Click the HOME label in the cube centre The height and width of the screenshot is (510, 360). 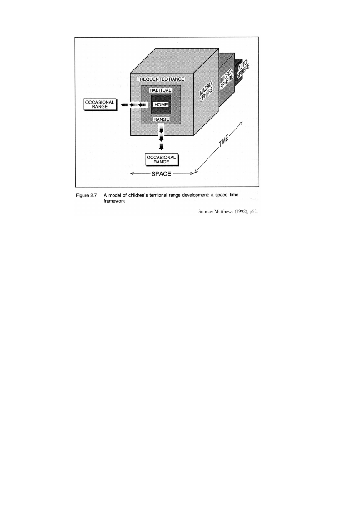tap(161, 105)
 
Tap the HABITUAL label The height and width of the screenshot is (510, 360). tap(160, 90)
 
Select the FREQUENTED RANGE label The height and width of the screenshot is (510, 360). tap(161, 79)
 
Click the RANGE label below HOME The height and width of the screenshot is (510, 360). tap(161, 119)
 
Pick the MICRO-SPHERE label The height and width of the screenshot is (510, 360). tap(227, 79)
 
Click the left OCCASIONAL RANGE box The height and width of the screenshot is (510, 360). tap(100, 104)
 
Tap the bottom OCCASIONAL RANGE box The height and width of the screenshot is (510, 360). tap(161, 160)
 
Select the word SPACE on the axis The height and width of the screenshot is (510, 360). tap(161, 174)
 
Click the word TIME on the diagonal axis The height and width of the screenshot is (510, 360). tap(224, 142)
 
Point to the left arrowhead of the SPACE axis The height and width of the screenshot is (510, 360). tap(132, 174)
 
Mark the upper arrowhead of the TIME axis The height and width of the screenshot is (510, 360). tap(242, 123)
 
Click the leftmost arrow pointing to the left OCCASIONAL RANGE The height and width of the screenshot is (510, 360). tap(125, 105)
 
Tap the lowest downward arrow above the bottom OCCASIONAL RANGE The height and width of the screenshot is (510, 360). tap(161, 146)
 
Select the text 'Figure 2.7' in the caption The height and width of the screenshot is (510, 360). tap(87, 195)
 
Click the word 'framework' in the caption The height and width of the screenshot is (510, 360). tap(114, 201)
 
